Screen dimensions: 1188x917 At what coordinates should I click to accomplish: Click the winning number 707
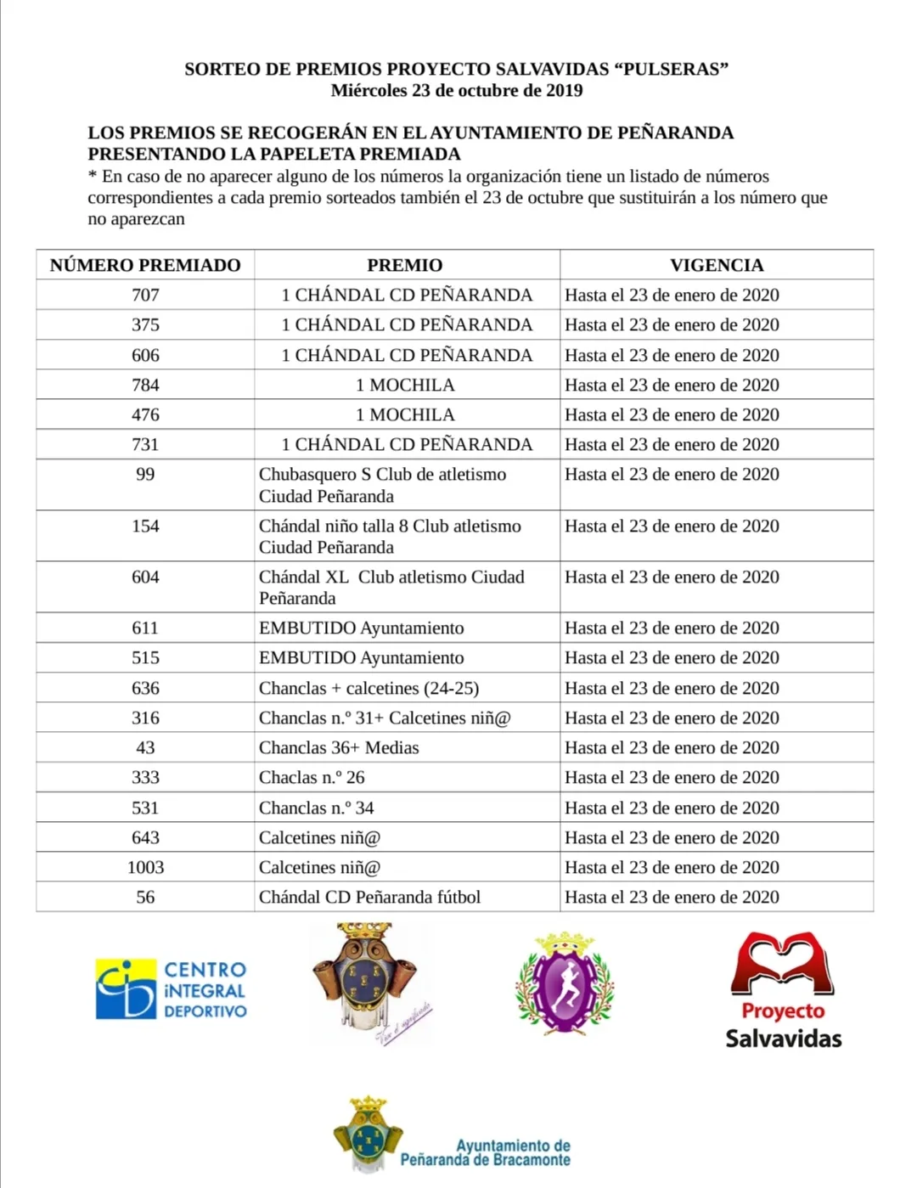coord(145,295)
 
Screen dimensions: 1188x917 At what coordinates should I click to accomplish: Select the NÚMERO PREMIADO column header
coord(145,265)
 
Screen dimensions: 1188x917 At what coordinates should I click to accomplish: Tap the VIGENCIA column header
coord(717,265)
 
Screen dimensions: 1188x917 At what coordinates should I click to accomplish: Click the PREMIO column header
coord(405,265)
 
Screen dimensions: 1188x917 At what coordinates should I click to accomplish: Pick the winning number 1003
coord(145,867)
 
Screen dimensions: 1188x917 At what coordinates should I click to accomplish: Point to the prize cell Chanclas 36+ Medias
coord(339,747)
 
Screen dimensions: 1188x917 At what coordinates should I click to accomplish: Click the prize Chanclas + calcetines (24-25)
coord(368,688)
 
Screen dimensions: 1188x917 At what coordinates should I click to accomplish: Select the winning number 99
coord(145,474)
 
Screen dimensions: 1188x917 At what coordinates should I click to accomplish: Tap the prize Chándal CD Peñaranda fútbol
coord(369,897)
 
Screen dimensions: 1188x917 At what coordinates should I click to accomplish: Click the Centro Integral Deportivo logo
coord(171,989)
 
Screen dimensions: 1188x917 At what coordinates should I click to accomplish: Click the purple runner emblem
coord(565,984)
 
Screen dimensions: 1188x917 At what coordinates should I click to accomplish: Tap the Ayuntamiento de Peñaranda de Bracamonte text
coord(486,1152)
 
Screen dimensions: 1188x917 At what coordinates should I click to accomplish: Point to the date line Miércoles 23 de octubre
coord(457,91)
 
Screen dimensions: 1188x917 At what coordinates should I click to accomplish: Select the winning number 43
coord(145,747)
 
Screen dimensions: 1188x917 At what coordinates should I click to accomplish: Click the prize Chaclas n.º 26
coord(312,777)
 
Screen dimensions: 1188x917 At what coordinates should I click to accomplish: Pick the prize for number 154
coord(390,536)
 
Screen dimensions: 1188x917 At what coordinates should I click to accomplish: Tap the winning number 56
coord(145,897)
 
